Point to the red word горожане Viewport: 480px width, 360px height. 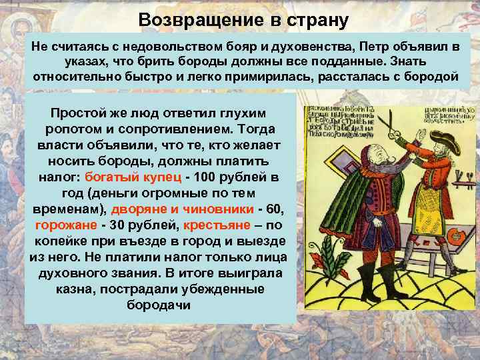(x=65, y=225)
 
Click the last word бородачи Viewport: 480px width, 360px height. (x=158, y=305)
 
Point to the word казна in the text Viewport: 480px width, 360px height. (x=67, y=289)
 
